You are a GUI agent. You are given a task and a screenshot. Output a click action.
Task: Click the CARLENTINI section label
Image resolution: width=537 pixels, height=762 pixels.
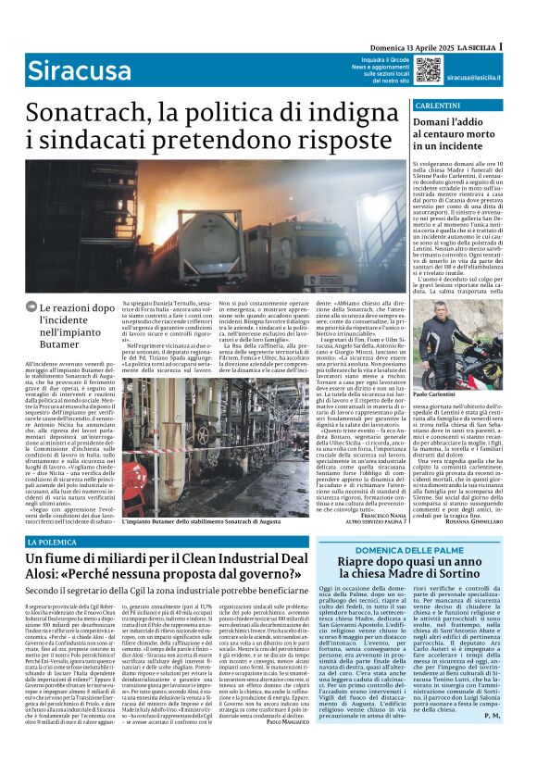tap(435, 106)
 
